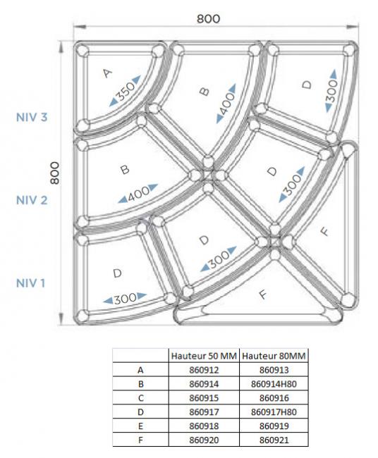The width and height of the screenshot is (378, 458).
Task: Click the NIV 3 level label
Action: click(x=32, y=117)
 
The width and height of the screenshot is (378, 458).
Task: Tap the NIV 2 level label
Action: click(x=32, y=200)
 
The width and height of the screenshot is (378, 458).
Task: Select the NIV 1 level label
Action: click(x=31, y=283)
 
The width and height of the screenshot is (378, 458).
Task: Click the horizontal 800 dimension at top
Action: click(x=208, y=19)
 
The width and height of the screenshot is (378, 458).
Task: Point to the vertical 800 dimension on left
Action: click(x=55, y=173)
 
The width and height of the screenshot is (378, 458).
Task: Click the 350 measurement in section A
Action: click(x=126, y=91)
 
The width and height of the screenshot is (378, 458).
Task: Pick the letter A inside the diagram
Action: click(x=107, y=73)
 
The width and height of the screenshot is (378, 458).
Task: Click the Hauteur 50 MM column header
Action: click(x=204, y=356)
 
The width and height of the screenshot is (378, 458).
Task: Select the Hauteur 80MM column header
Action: click(x=274, y=356)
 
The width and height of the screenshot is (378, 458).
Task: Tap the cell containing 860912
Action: click(x=204, y=370)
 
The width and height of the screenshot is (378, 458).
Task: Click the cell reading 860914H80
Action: click(x=274, y=384)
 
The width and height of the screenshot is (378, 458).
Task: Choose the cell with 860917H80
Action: click(x=274, y=412)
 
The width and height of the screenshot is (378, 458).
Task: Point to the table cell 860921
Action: click(x=274, y=440)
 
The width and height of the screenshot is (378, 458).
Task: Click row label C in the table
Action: click(x=140, y=398)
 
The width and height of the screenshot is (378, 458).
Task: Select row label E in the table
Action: click(x=140, y=426)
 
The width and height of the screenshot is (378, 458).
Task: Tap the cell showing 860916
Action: click(x=274, y=398)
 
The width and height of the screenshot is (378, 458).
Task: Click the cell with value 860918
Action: click(x=204, y=426)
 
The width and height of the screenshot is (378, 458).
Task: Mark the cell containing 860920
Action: click(x=204, y=440)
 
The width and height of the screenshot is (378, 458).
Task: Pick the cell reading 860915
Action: click(x=204, y=398)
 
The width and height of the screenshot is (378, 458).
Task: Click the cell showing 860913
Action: click(x=274, y=370)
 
